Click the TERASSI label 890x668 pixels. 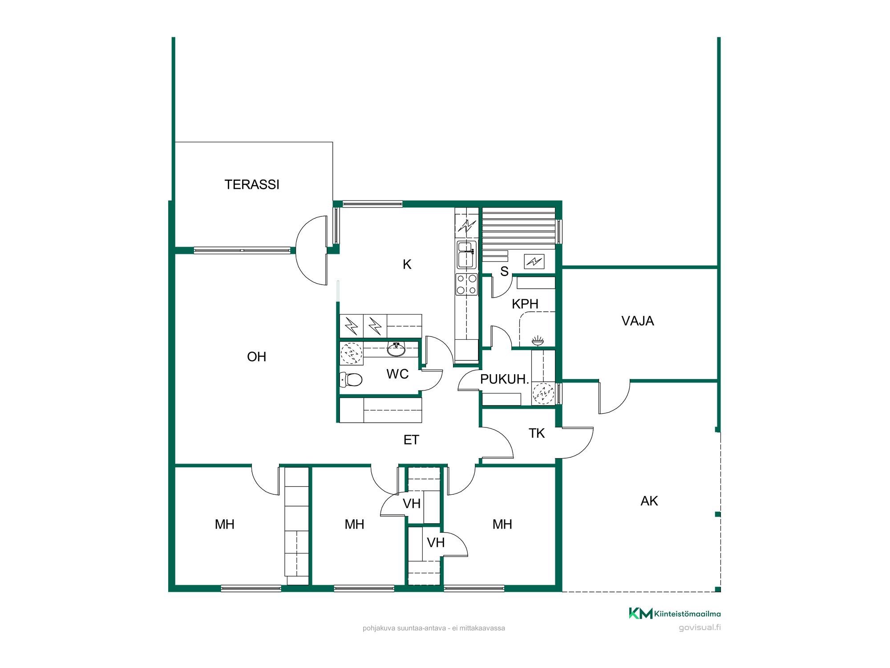coord(252,184)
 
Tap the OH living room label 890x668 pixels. coord(257,357)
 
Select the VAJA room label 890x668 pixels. coord(638,321)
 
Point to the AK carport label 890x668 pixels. coord(649,501)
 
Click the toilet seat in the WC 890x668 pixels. coord(351,379)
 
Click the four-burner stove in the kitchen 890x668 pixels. coord(466,285)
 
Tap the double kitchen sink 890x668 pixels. coord(466,254)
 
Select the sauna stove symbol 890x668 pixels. coord(534,261)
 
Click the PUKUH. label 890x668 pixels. coord(505,379)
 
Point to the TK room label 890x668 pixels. coord(537,433)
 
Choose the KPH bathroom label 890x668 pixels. coord(525,304)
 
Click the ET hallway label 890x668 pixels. coord(411,440)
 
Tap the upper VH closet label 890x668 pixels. coord(412,504)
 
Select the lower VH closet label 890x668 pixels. coord(436,542)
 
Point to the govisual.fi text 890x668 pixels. coord(700,627)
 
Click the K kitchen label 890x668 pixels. coord(407,265)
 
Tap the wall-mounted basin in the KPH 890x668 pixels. coord(538,341)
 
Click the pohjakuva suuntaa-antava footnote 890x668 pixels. coord(434,628)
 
